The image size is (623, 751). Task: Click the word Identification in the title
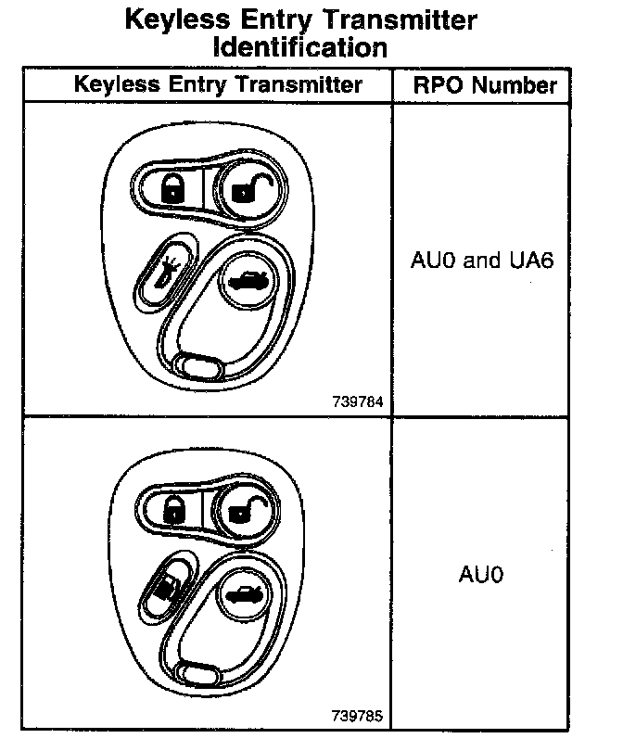coord(300,47)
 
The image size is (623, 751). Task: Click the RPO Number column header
coord(485,85)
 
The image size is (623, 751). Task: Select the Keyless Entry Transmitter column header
coord(218,84)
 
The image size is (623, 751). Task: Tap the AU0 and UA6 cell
coord(482,261)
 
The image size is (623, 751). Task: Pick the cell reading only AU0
coord(481,574)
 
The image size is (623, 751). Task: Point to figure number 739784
coord(358,401)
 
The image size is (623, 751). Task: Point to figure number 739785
coord(357,716)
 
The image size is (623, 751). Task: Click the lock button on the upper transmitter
coord(172,188)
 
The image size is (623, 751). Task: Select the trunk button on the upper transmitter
coord(248,280)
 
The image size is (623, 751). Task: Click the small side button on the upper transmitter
coord(165,273)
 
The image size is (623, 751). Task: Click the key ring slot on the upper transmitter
coord(198,368)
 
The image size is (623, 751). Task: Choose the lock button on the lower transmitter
coord(173,509)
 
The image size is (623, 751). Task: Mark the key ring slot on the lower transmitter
coord(198,674)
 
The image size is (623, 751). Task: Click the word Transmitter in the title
coord(400,20)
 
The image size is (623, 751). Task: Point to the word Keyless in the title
coord(178,20)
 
